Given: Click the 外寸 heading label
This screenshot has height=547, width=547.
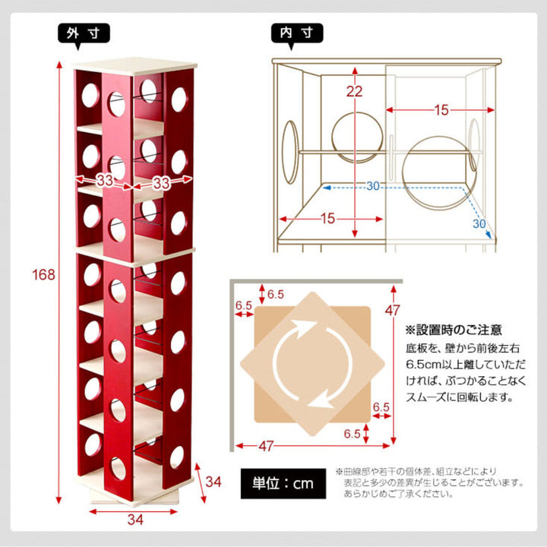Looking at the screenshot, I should point(84,33).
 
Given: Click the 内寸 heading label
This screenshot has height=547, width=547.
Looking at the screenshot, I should point(297,33).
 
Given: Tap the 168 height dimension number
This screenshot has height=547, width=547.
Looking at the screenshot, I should point(44,274).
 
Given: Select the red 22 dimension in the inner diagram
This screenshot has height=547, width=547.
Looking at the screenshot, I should point(355,92).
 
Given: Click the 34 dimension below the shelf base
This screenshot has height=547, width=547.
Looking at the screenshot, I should point(134,520).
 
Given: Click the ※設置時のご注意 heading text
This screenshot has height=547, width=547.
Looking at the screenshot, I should point(453,330).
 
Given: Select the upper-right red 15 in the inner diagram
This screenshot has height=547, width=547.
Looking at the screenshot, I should point(441,111).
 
